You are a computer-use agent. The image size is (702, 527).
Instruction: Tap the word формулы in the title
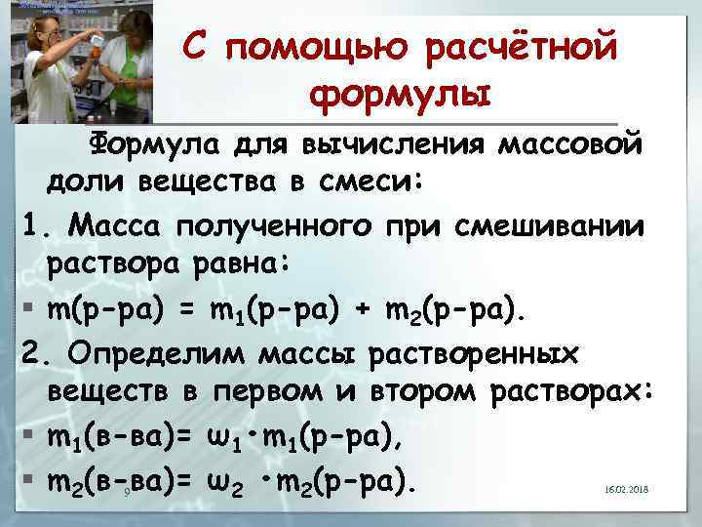pos(400,96)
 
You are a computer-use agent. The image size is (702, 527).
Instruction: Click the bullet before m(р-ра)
pos(31,308)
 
